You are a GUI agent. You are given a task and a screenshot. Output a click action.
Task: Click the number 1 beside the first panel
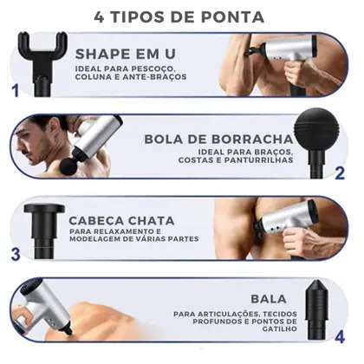click(14, 90)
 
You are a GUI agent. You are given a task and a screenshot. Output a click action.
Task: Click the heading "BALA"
click(268, 298)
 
